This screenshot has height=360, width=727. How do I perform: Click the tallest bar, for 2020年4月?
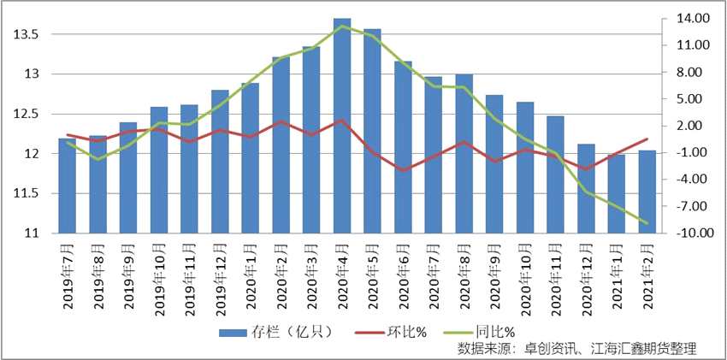click(341, 126)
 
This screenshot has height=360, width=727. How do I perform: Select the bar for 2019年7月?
click(67, 186)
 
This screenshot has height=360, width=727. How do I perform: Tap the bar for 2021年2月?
click(647, 192)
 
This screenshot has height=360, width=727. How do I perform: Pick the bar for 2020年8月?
click(464, 154)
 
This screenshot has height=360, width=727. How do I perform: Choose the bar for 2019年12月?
click(220, 162)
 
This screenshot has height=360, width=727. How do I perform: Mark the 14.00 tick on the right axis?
click(687, 18)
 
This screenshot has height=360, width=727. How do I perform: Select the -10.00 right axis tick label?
click(687, 233)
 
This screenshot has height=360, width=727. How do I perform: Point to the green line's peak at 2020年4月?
click(342, 26)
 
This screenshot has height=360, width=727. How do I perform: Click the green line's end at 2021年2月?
click(647, 223)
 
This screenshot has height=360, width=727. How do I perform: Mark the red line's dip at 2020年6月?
click(403, 170)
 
